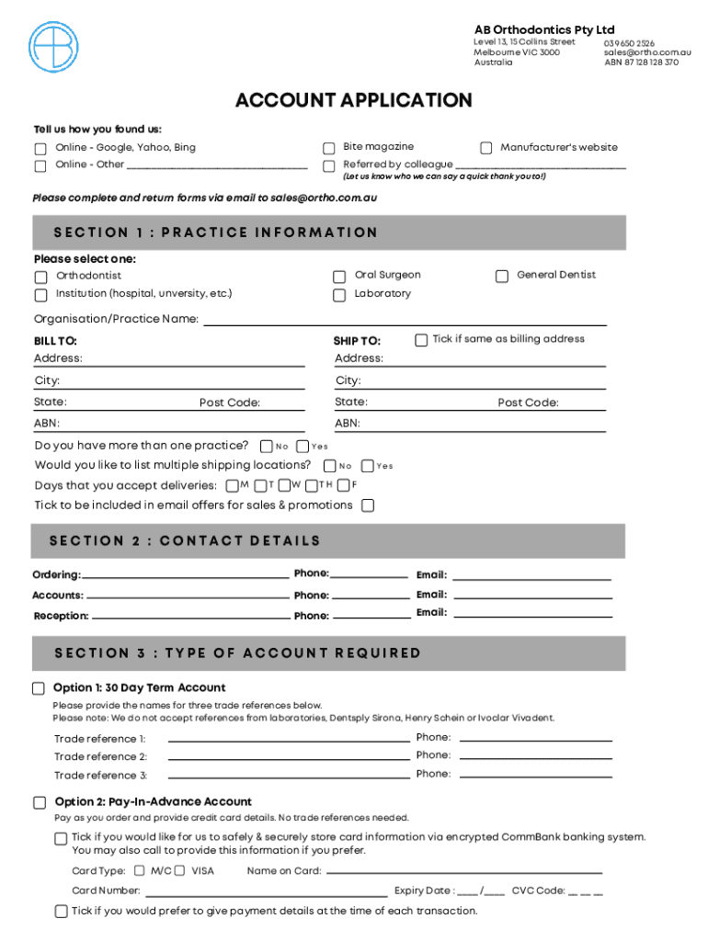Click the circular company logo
tap(54, 48)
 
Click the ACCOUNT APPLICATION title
tap(353, 100)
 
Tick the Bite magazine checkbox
tap(328, 148)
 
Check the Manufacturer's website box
tap(486, 148)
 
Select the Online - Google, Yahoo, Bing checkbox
tap(40, 149)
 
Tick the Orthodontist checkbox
tap(40, 277)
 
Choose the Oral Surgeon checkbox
tap(338, 276)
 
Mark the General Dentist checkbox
tap(502, 276)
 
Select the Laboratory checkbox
tap(338, 295)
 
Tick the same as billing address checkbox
tap(421, 339)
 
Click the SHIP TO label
tap(356, 341)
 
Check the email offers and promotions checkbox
tap(368, 505)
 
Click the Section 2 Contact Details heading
tap(185, 541)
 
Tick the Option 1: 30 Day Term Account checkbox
tap(39, 688)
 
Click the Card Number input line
tap(267, 890)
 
